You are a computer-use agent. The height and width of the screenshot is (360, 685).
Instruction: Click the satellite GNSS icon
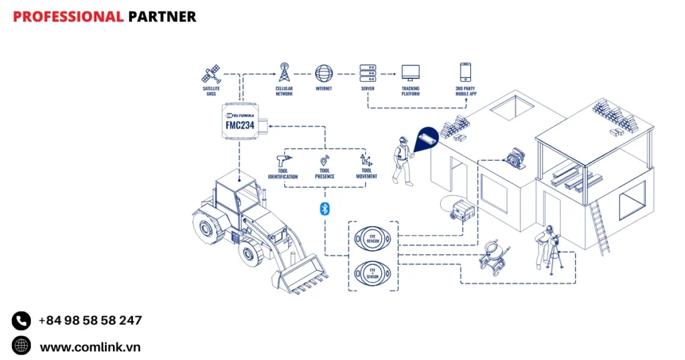pyautogui.click(x=211, y=73)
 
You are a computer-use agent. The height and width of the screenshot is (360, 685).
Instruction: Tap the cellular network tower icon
pyautogui.click(x=284, y=72)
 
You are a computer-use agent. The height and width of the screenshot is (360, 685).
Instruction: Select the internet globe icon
pyautogui.click(x=324, y=72)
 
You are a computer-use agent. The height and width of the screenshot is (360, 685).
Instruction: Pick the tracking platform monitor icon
pyautogui.click(x=410, y=72)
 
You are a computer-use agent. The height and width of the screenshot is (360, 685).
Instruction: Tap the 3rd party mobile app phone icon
pyautogui.click(x=466, y=72)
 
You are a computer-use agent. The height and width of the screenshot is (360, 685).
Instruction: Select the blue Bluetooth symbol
pyautogui.click(x=324, y=209)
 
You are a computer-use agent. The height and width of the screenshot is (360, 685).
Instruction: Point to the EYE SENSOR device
pyautogui.click(x=373, y=272)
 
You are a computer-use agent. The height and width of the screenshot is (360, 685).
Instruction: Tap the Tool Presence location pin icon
pyautogui.click(x=324, y=161)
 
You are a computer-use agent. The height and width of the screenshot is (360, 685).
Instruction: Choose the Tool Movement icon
pyautogui.click(x=366, y=161)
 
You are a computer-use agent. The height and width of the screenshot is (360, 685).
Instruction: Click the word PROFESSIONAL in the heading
pyautogui.click(x=68, y=17)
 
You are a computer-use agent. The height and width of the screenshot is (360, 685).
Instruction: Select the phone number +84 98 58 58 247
pyautogui.click(x=90, y=321)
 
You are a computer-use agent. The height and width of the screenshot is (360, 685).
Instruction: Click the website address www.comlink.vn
pyautogui.click(x=90, y=347)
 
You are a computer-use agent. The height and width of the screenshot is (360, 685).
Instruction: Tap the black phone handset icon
pyautogui.click(x=21, y=321)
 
